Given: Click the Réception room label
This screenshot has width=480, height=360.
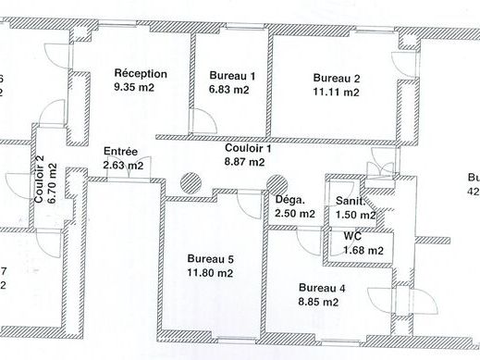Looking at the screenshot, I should [141, 73].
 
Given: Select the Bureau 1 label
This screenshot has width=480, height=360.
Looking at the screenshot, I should [232, 75].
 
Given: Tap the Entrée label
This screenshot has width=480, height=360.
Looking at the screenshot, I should [121, 152].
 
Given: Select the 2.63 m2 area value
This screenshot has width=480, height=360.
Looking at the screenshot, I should [123, 167].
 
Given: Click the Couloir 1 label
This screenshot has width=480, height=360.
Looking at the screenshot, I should [248, 148].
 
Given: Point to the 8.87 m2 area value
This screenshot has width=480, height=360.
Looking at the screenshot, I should [244, 162].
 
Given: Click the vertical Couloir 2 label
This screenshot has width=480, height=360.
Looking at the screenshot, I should [40, 180].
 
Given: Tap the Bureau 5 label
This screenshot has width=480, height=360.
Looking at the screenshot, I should [210, 259].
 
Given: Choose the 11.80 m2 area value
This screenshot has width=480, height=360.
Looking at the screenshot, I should [210, 274].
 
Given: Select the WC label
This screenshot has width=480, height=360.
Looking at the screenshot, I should [339, 236].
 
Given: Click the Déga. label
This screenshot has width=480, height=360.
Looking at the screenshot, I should [290, 199].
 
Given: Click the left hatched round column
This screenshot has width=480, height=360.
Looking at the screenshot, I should [191, 183].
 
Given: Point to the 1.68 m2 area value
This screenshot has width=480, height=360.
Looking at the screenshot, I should [363, 249].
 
